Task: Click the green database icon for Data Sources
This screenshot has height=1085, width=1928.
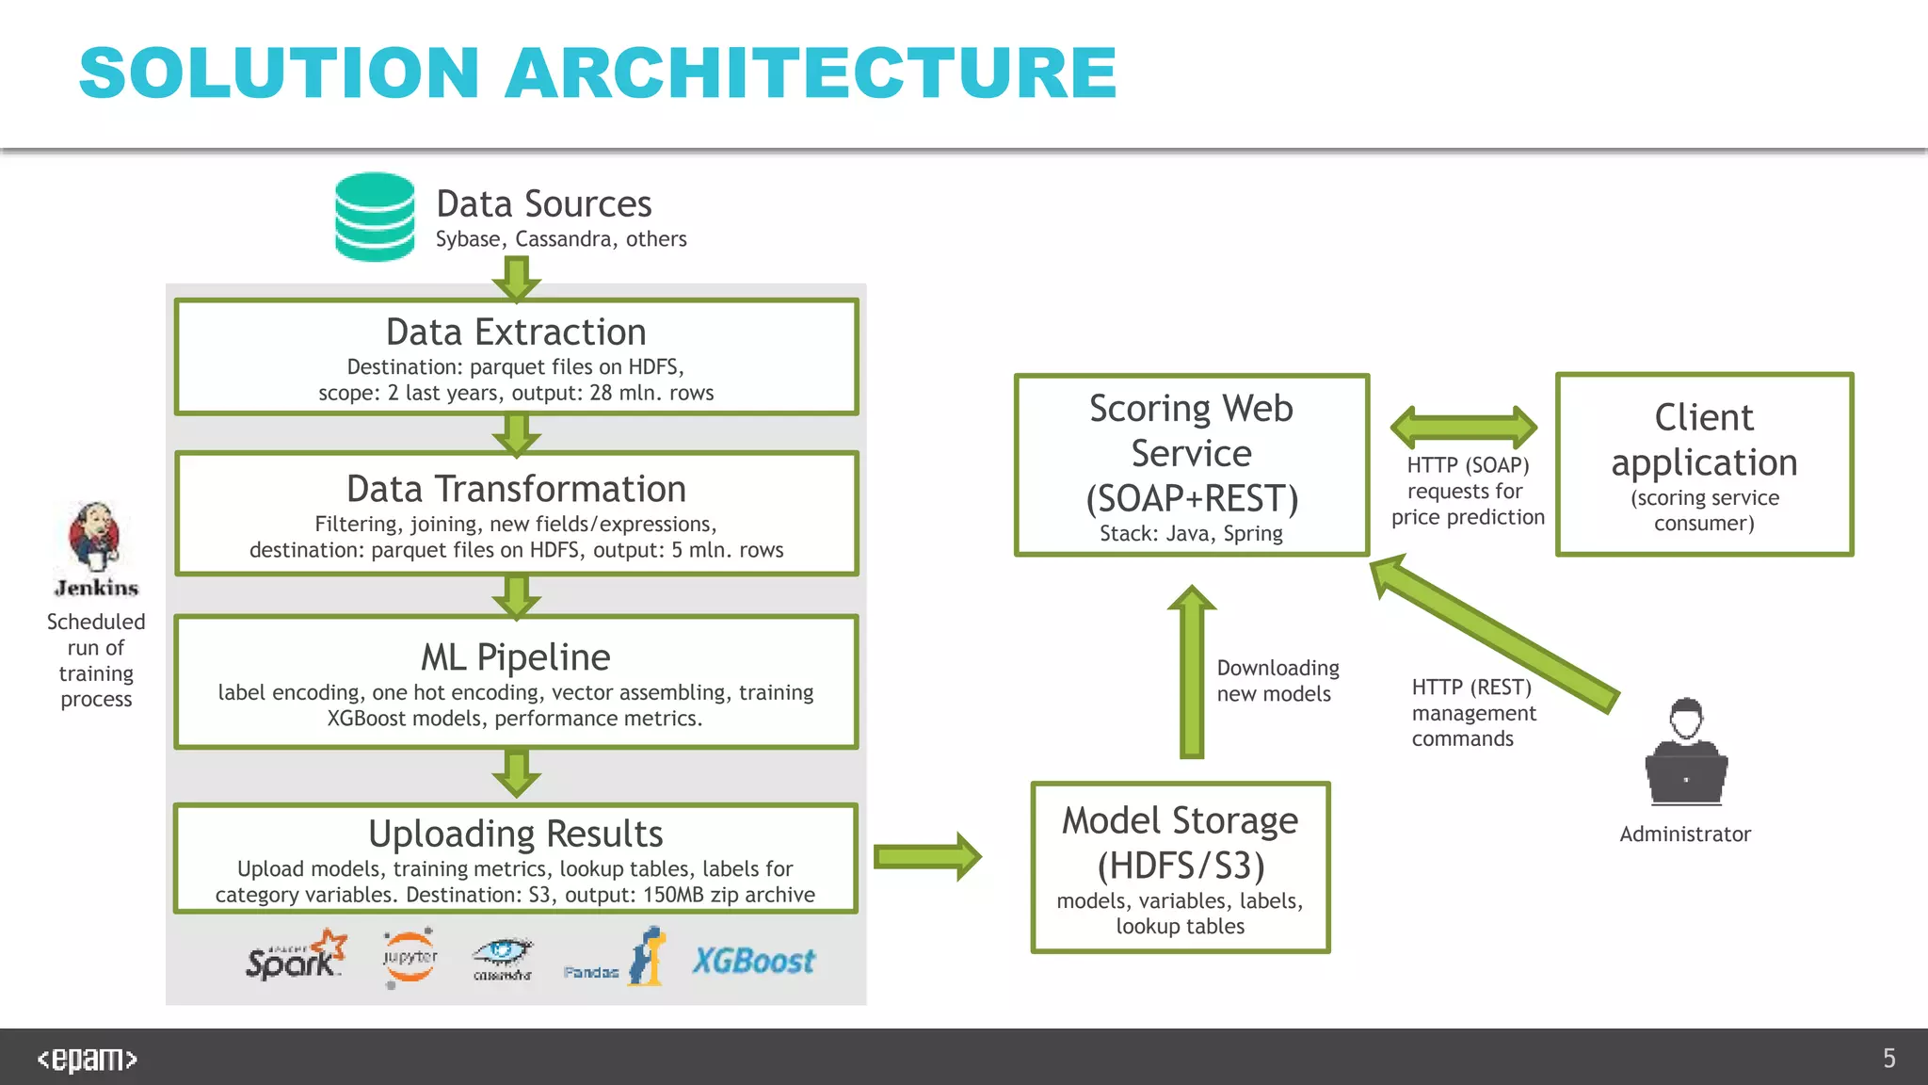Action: [x=375, y=217]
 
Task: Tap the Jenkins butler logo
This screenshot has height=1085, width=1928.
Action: [x=94, y=536]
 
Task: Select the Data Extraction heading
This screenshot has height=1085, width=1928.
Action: [x=516, y=332]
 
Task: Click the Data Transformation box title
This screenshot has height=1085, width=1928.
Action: [x=516, y=490]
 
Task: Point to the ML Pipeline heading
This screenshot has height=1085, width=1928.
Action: [x=516, y=657]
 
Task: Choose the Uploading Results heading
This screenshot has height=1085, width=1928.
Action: [x=516, y=834]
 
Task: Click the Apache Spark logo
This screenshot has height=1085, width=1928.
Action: [x=296, y=957]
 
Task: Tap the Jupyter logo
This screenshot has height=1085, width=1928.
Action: [x=410, y=958]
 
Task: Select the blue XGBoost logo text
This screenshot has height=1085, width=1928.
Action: [x=753, y=962]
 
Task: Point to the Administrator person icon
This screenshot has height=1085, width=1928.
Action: [x=1686, y=753]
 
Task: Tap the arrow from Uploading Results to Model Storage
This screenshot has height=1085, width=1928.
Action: [x=926, y=856]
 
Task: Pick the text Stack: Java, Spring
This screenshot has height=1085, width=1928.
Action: [x=1191, y=534]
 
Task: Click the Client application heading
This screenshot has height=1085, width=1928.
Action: [x=1704, y=440]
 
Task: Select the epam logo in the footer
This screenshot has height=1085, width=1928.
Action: [x=87, y=1059]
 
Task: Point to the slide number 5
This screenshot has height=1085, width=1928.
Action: [x=1888, y=1059]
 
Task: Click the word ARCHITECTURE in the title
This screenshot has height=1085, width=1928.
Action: [x=811, y=73]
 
